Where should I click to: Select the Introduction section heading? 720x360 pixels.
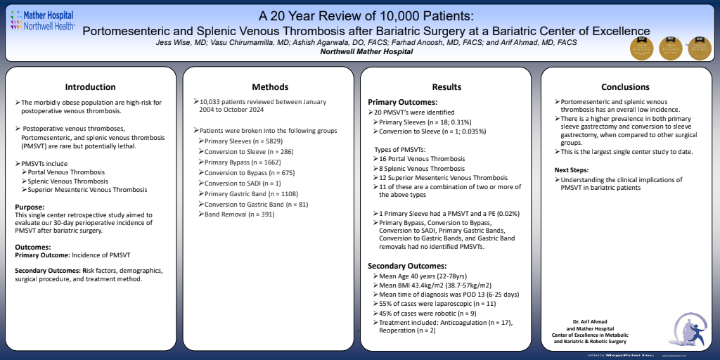pyautogui.click(x=90, y=87)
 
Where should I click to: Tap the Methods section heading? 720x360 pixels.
pyautogui.click(x=270, y=87)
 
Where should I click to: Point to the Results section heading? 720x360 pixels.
pyautogui.click(x=447, y=87)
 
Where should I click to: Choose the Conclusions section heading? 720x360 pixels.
pyautogui.click(x=625, y=87)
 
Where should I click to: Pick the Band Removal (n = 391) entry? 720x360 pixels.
pyautogui.click(x=239, y=214)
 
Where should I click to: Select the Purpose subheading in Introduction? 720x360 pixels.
pyautogui.click(x=31, y=207)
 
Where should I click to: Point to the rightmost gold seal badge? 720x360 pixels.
pyautogui.click(x=698, y=49)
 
